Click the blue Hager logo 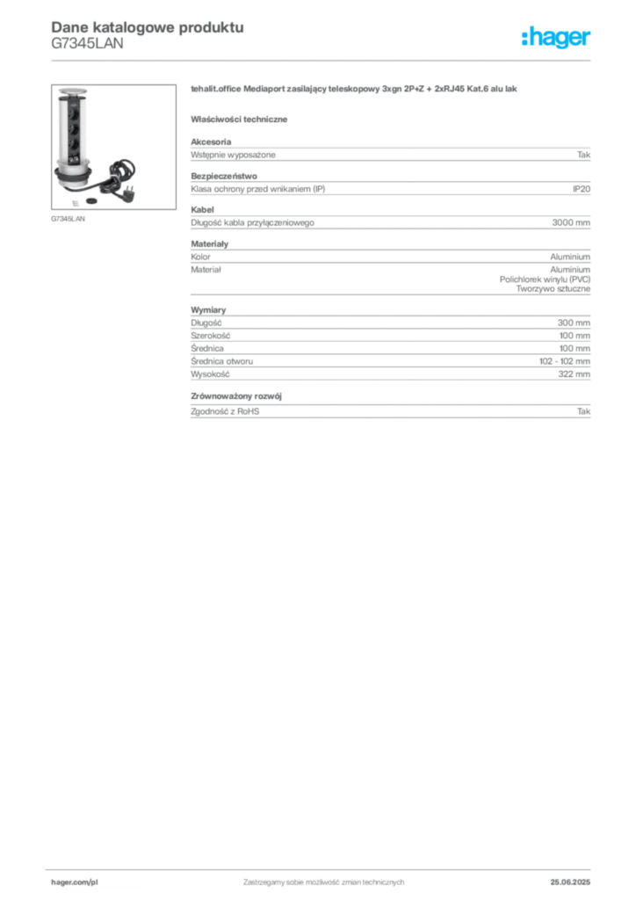(557, 39)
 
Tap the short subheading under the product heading (242, 118)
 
